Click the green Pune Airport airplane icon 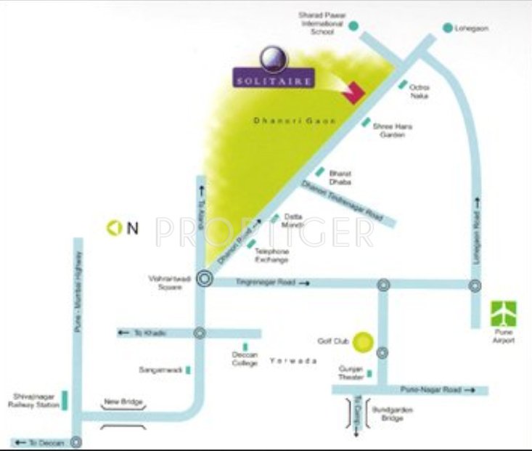click(504, 314)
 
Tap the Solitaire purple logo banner click(274, 78)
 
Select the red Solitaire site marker click(353, 94)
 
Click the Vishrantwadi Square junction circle click(205, 277)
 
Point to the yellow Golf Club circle click(363, 341)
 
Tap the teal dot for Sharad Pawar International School click(353, 26)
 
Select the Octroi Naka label click(420, 91)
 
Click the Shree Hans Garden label click(393, 131)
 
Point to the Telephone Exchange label click(271, 256)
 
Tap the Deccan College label click(245, 358)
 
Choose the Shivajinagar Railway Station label click(34, 402)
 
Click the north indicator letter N click(132, 229)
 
